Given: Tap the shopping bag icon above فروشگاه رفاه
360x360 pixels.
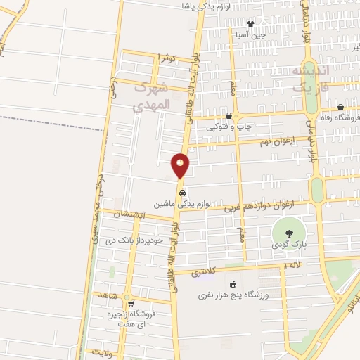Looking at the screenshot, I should tap(340, 107).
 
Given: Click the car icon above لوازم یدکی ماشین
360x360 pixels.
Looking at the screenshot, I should tap(182, 191).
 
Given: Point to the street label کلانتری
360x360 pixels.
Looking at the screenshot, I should tap(203, 271).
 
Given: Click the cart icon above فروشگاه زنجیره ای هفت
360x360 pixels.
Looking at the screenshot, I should tap(130, 304).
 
